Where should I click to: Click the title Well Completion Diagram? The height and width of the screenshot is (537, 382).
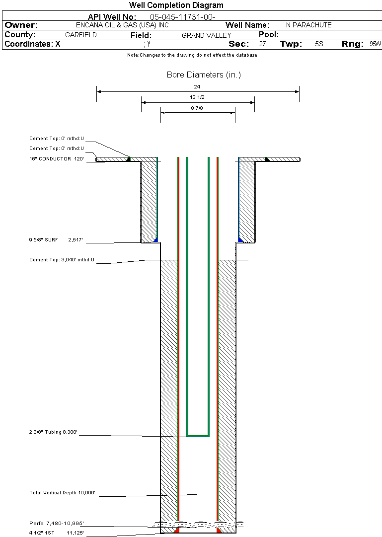point(176,5)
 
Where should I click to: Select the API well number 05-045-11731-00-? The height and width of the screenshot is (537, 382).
point(183,17)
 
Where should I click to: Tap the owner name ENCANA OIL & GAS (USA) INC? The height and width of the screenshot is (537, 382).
point(122,25)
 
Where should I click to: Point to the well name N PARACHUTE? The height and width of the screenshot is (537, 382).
point(308,25)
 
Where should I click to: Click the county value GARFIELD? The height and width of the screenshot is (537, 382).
point(81,35)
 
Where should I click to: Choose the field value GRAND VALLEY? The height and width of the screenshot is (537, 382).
point(206,35)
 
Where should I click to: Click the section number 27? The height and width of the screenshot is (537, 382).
point(262,44)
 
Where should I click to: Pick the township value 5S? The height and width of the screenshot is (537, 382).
point(319,44)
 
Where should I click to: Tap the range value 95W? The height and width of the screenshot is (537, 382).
point(375,44)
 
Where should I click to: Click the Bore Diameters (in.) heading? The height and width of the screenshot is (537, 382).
point(204,75)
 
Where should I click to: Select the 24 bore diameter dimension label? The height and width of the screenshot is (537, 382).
point(197,86)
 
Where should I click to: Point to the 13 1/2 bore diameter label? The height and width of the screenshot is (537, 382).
point(197,97)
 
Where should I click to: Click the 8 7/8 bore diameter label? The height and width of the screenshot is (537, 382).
point(197,108)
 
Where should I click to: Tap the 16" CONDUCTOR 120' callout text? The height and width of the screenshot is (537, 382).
point(57,159)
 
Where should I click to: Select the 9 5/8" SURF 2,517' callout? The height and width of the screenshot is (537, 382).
point(56,240)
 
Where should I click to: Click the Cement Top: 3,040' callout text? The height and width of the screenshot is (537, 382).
point(62,260)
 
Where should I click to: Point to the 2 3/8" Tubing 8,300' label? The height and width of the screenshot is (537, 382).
point(53,432)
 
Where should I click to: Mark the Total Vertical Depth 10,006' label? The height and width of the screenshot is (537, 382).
point(62,492)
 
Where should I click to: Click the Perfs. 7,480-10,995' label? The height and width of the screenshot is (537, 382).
point(57,523)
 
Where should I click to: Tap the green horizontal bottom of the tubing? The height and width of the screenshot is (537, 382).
point(198,436)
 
